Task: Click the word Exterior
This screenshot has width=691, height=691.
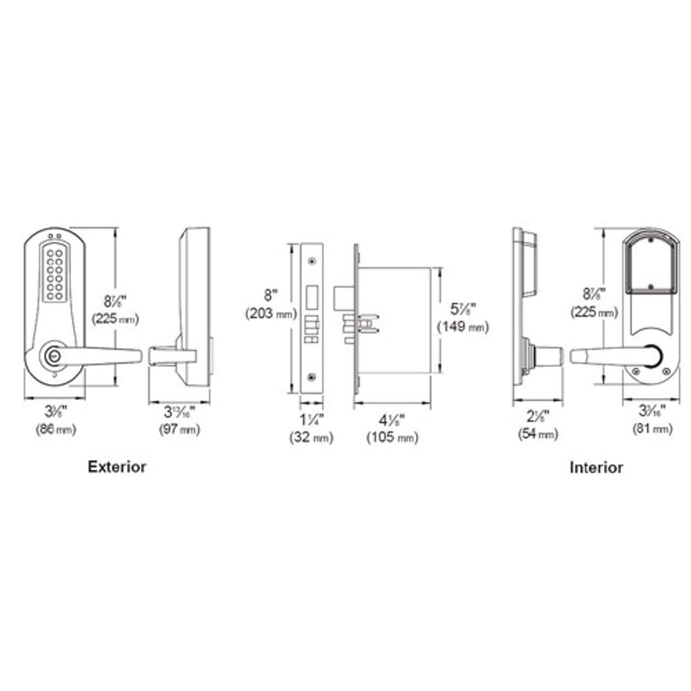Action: (x=117, y=467)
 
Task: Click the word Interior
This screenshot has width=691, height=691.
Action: (x=596, y=468)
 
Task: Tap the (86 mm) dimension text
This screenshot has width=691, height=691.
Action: (x=56, y=430)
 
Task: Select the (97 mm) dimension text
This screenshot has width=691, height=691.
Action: (x=179, y=430)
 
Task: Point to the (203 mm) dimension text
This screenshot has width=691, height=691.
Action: (x=271, y=314)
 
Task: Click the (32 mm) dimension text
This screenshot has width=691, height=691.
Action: (x=311, y=437)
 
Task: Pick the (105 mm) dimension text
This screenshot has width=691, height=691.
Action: (x=392, y=437)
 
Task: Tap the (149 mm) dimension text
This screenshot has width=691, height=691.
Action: (x=463, y=327)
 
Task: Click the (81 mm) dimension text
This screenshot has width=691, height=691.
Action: (x=652, y=429)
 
